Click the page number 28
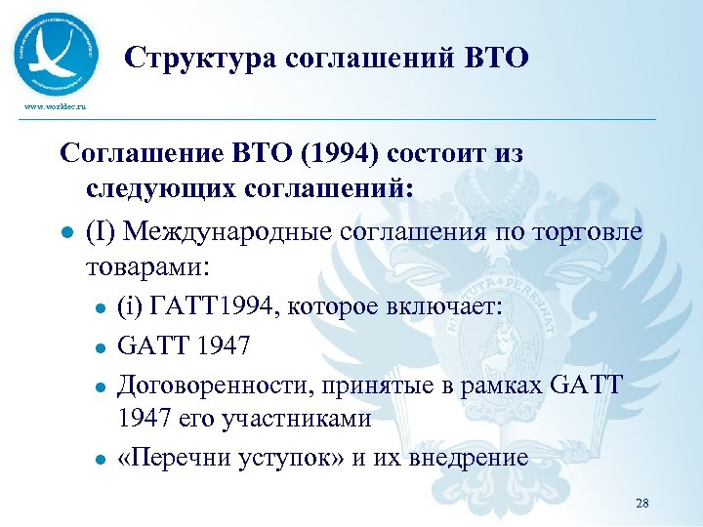pyautogui.click(x=641, y=504)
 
